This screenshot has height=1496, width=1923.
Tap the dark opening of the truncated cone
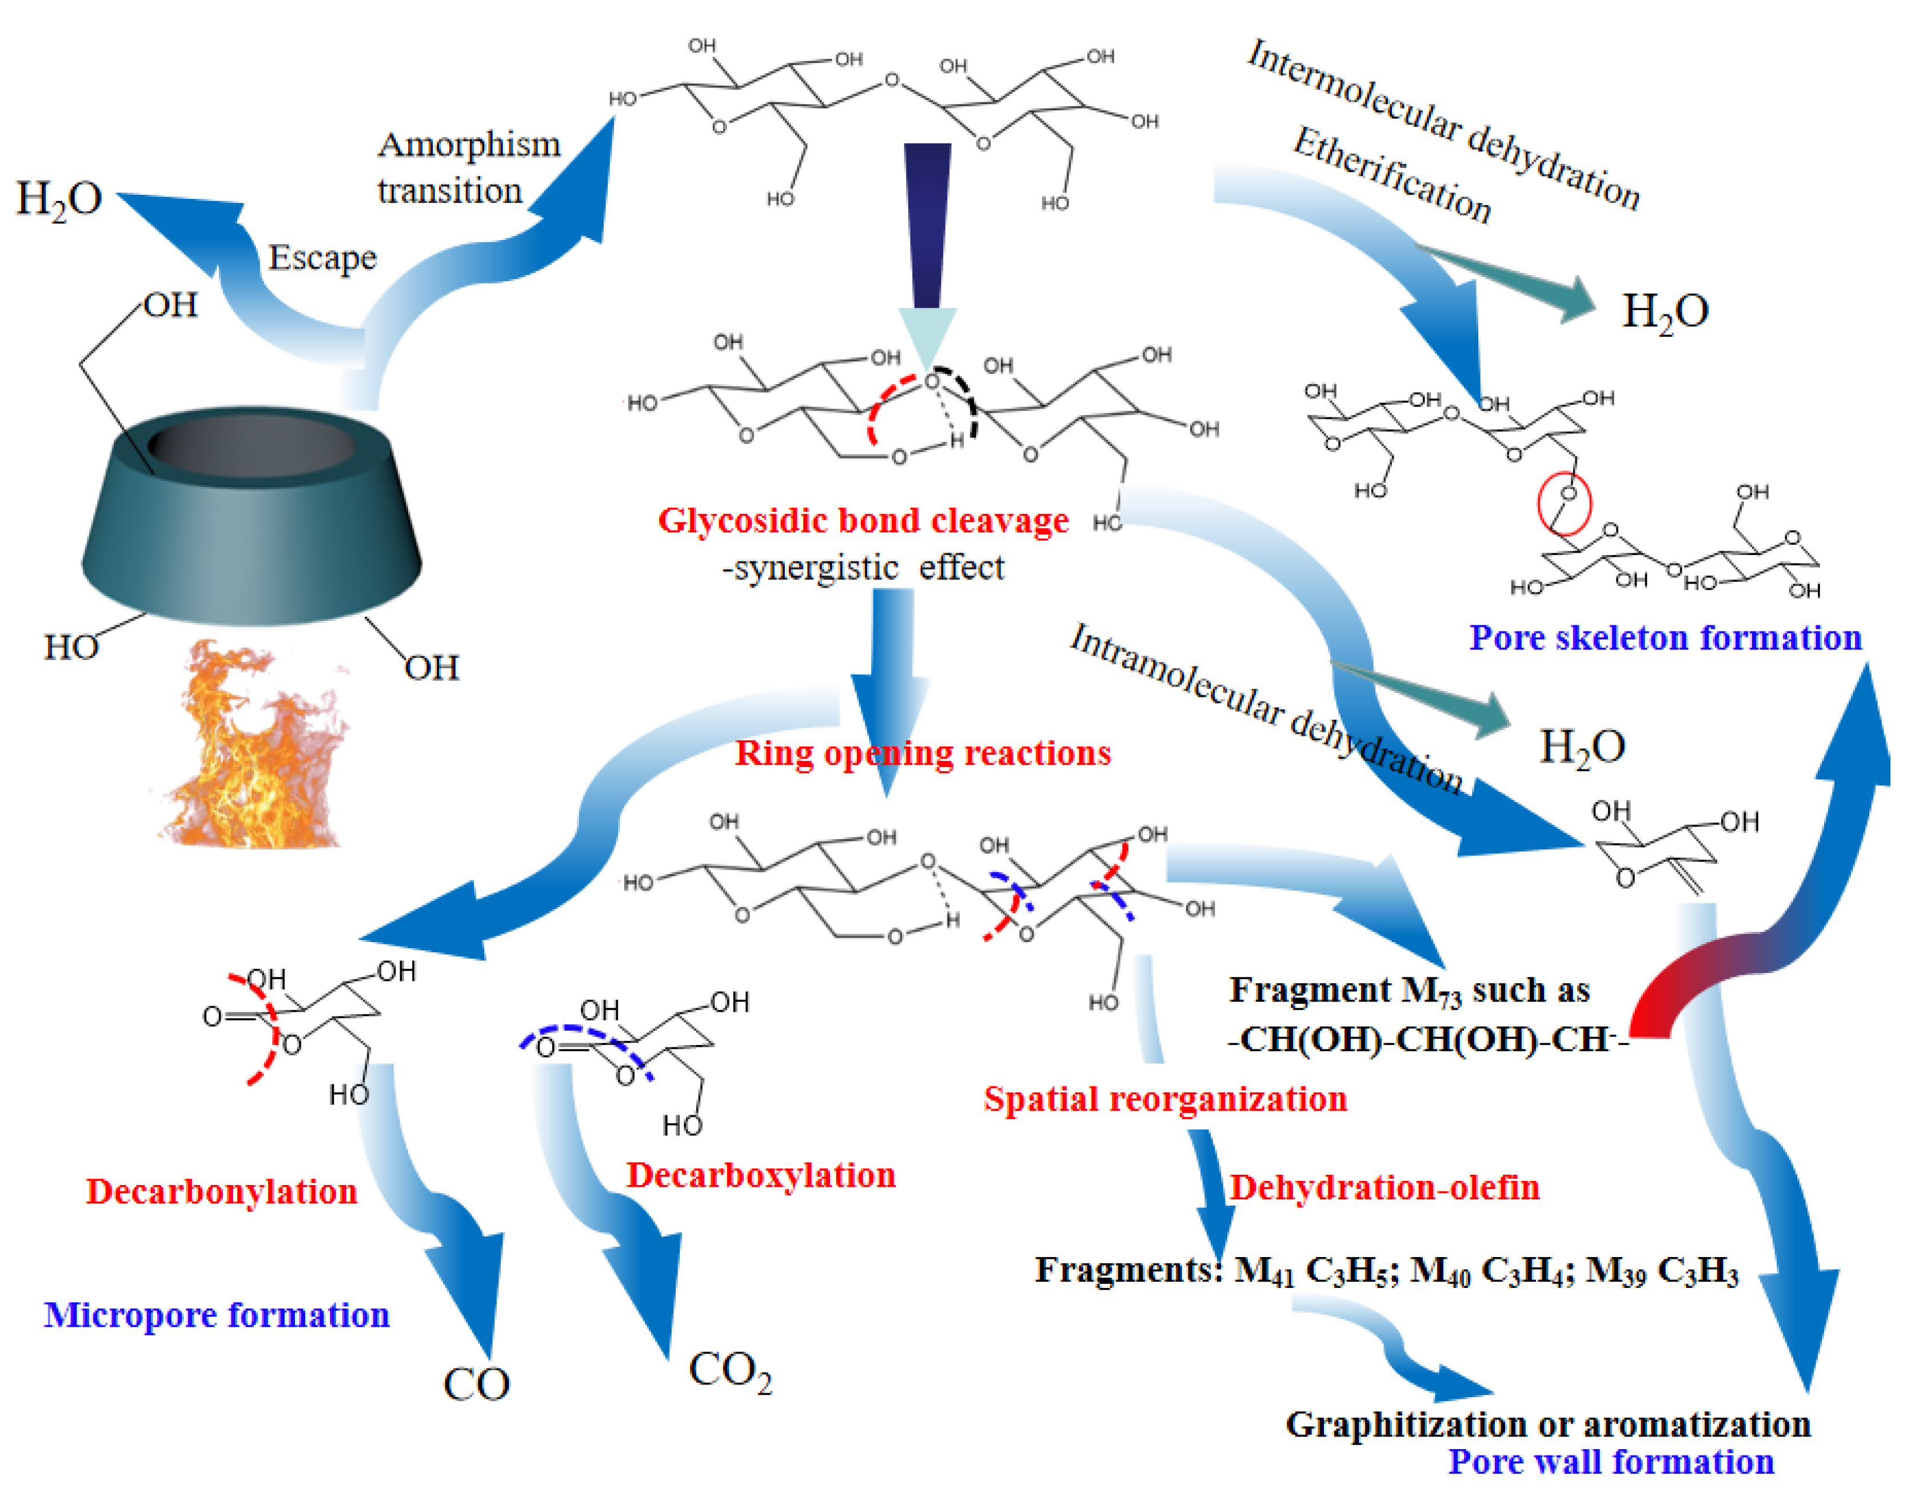pyautogui.click(x=253, y=445)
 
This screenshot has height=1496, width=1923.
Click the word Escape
pyautogui.click(x=322, y=257)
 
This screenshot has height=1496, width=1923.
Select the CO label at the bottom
pyautogui.click(x=476, y=1384)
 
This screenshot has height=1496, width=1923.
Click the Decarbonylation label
pyautogui.click(x=221, y=1191)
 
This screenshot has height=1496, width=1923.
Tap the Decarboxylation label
pyautogui.click(x=761, y=1175)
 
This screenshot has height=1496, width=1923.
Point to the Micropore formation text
pyautogui.click(x=217, y=1315)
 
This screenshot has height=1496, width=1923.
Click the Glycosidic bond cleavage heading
pyautogui.click(x=863, y=520)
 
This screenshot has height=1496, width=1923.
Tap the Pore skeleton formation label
pyautogui.click(x=1665, y=637)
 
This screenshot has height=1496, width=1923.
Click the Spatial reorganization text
pyautogui.click(x=1165, y=1099)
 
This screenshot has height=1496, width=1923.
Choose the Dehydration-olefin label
pyautogui.click(x=1384, y=1188)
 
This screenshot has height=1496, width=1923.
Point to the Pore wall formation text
pyautogui.click(x=1611, y=1462)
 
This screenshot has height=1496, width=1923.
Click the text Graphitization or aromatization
pyautogui.click(x=1548, y=1424)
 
